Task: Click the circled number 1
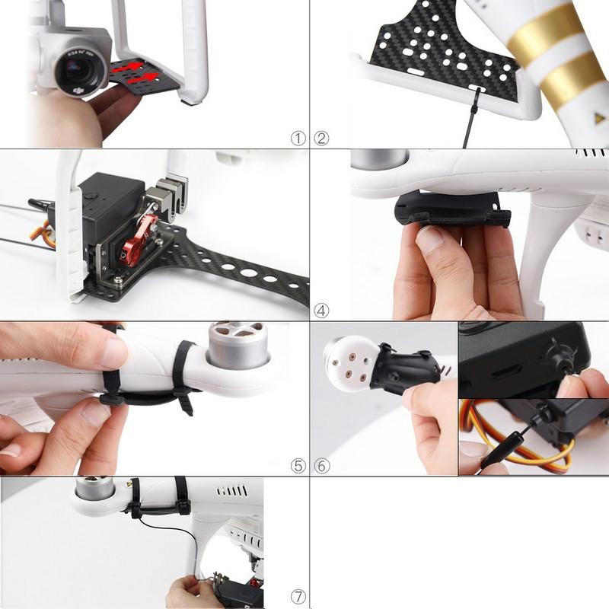click(298, 139)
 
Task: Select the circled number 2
click(322, 139)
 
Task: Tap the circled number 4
click(322, 311)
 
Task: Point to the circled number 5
click(298, 465)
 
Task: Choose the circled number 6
click(322, 465)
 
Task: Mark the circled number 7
click(298, 597)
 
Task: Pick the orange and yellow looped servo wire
click(533, 449)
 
